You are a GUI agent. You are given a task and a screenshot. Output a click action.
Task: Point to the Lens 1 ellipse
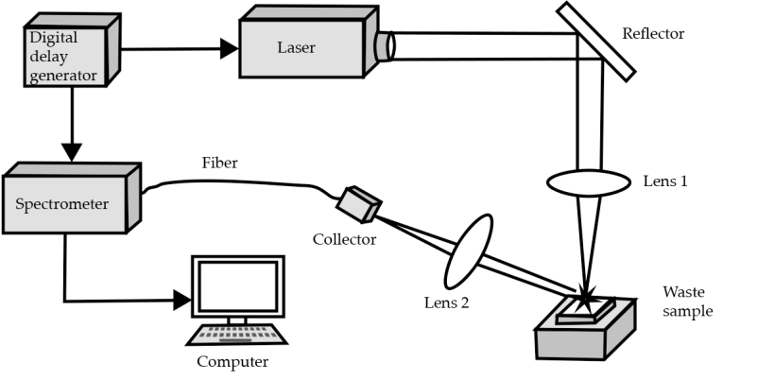[x=586, y=181]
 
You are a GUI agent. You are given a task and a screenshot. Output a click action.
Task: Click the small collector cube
[x=358, y=202]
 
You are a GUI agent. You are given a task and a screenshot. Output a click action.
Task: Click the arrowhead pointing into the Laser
[x=230, y=48]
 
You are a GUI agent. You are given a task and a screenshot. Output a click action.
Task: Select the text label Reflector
[x=652, y=35]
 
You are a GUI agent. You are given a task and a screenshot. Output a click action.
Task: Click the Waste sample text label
[x=687, y=302]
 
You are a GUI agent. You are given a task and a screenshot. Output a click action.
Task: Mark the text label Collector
[x=344, y=239]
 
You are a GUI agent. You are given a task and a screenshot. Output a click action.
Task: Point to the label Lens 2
[x=445, y=303]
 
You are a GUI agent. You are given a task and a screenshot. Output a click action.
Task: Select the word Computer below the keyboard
[x=232, y=361]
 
